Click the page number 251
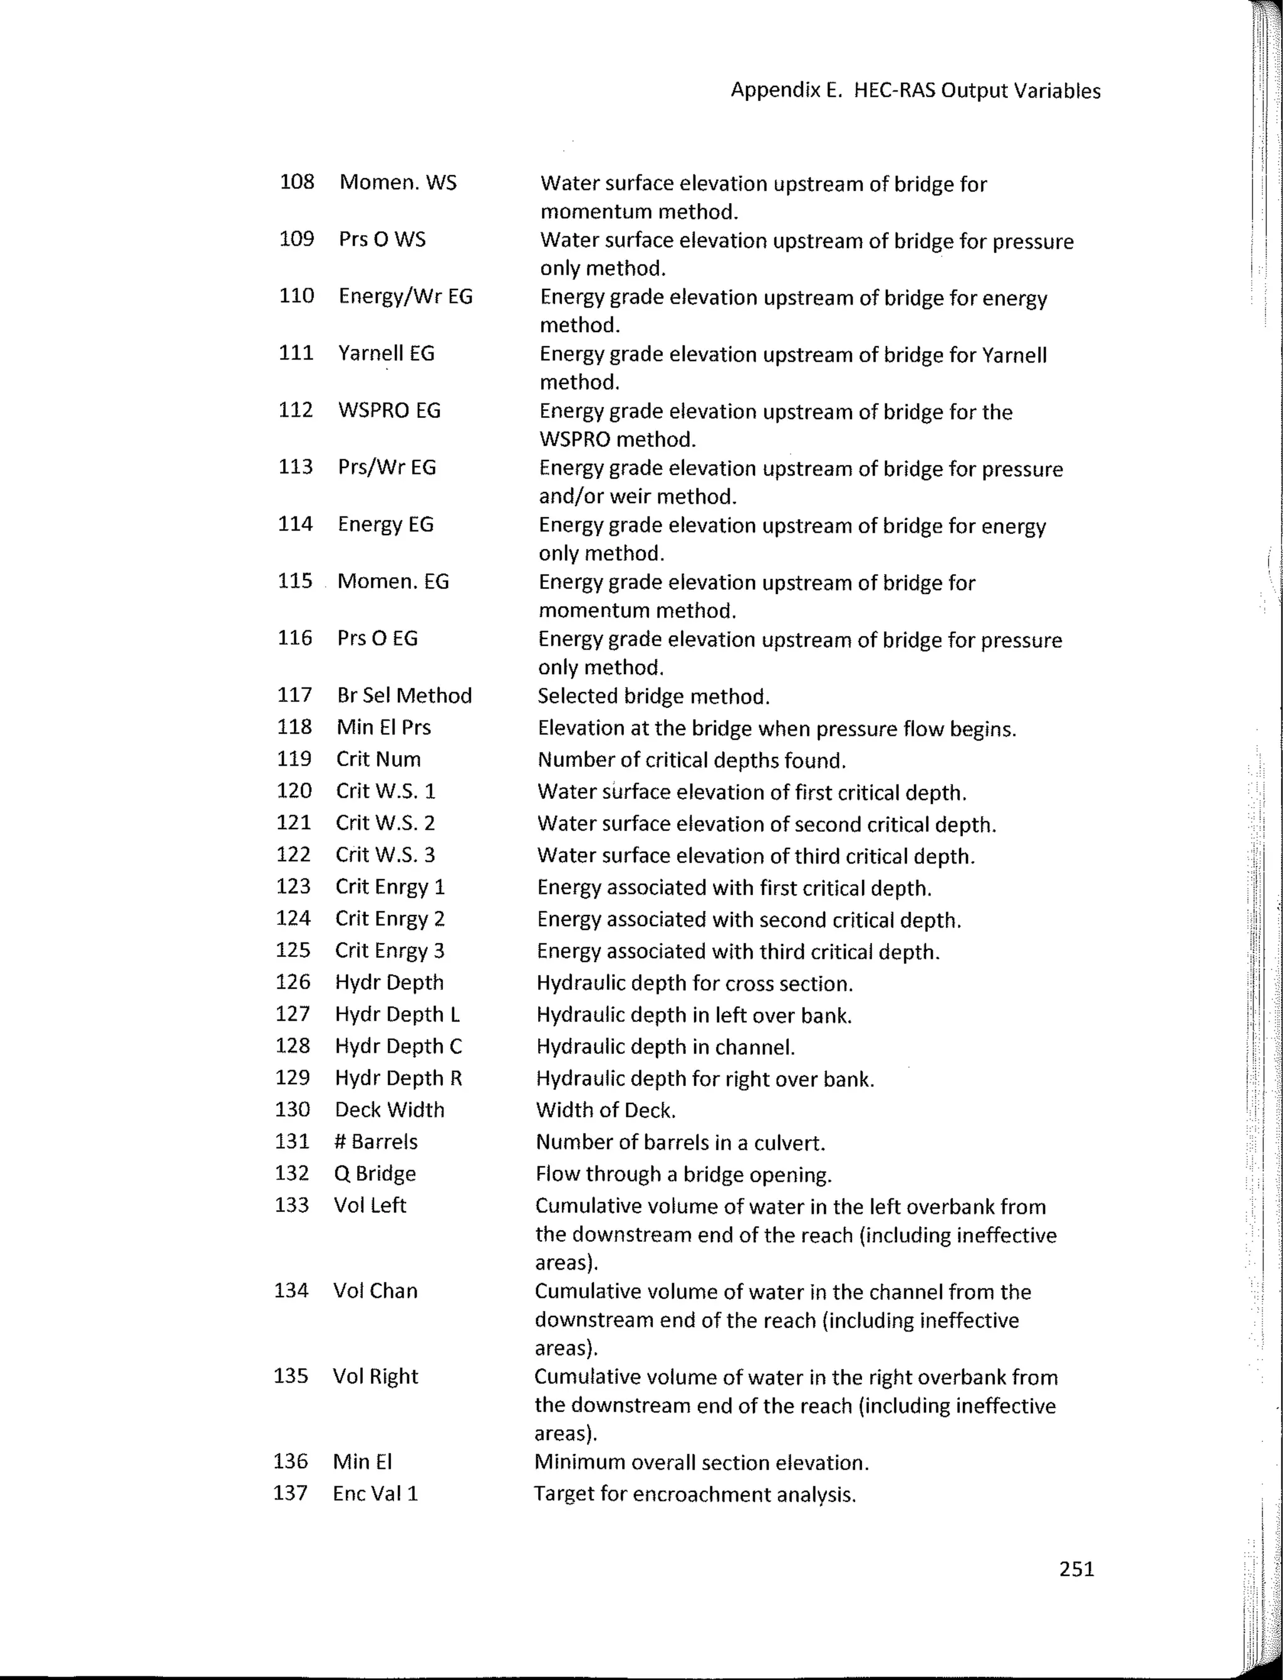(1076, 1568)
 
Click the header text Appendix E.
(786, 90)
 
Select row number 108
(297, 182)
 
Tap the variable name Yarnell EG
(386, 353)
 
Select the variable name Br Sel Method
(404, 695)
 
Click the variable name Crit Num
(378, 759)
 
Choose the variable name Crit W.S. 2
(385, 823)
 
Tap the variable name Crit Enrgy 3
(390, 951)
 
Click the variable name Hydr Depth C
(398, 1046)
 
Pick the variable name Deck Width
(390, 1109)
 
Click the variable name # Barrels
(376, 1141)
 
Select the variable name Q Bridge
(375, 1174)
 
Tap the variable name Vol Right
(375, 1376)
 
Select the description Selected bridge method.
(653, 696)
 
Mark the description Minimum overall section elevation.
(701, 1463)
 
